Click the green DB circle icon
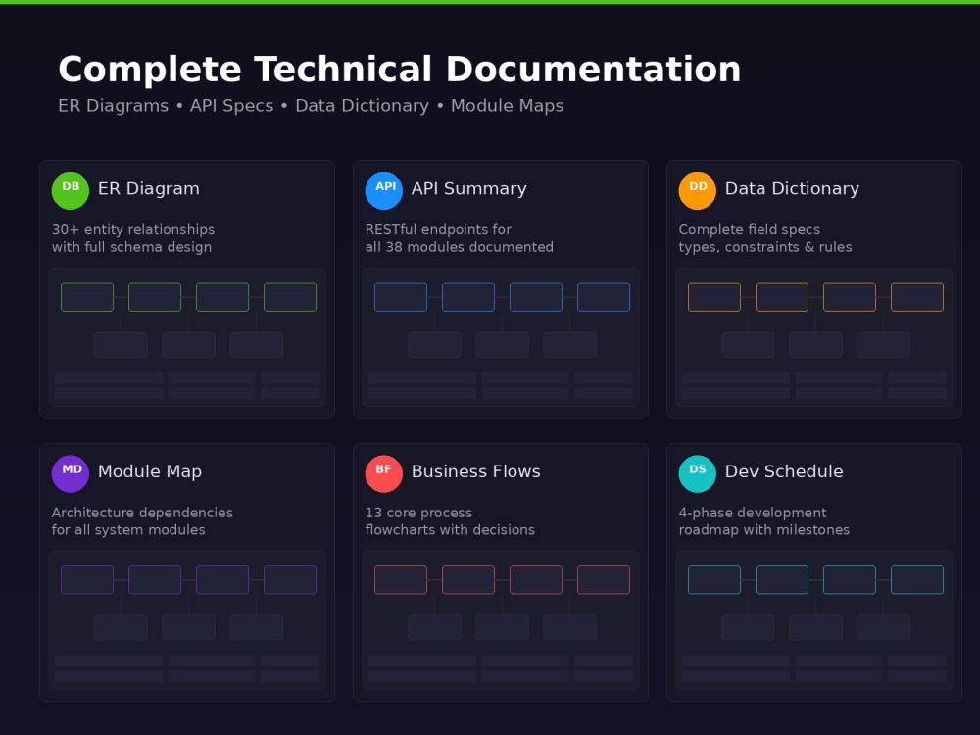(70, 191)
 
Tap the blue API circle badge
(384, 191)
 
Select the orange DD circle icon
(698, 191)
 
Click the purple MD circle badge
(70, 473)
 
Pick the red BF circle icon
(384, 473)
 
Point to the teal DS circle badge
(698, 473)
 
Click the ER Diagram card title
(149, 189)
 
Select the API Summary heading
(468, 189)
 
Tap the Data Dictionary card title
(792, 189)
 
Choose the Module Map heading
(150, 472)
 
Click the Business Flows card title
(475, 472)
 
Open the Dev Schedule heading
(784, 472)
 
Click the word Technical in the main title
(342, 69)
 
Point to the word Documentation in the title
(593, 69)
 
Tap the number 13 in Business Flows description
(373, 513)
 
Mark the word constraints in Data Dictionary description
(761, 247)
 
